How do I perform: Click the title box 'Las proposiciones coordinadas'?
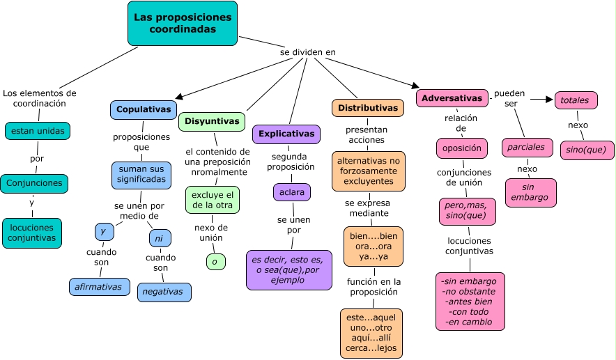(183, 23)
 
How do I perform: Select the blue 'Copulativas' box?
(144, 110)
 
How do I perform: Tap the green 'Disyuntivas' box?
(212, 121)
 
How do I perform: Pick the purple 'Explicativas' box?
(286, 134)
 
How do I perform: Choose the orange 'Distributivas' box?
(368, 108)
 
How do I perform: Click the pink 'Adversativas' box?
(452, 98)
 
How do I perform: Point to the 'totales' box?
(576, 100)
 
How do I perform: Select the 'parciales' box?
(527, 148)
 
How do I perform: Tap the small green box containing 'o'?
(215, 262)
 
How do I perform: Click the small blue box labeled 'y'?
(104, 231)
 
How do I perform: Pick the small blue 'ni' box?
(160, 238)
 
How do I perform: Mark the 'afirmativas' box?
(99, 286)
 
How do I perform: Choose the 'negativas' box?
(163, 292)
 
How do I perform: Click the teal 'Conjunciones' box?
(34, 184)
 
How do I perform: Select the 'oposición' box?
(462, 148)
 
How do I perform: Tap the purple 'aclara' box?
(291, 191)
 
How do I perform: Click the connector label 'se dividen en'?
(308, 52)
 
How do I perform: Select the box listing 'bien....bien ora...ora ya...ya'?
(374, 246)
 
